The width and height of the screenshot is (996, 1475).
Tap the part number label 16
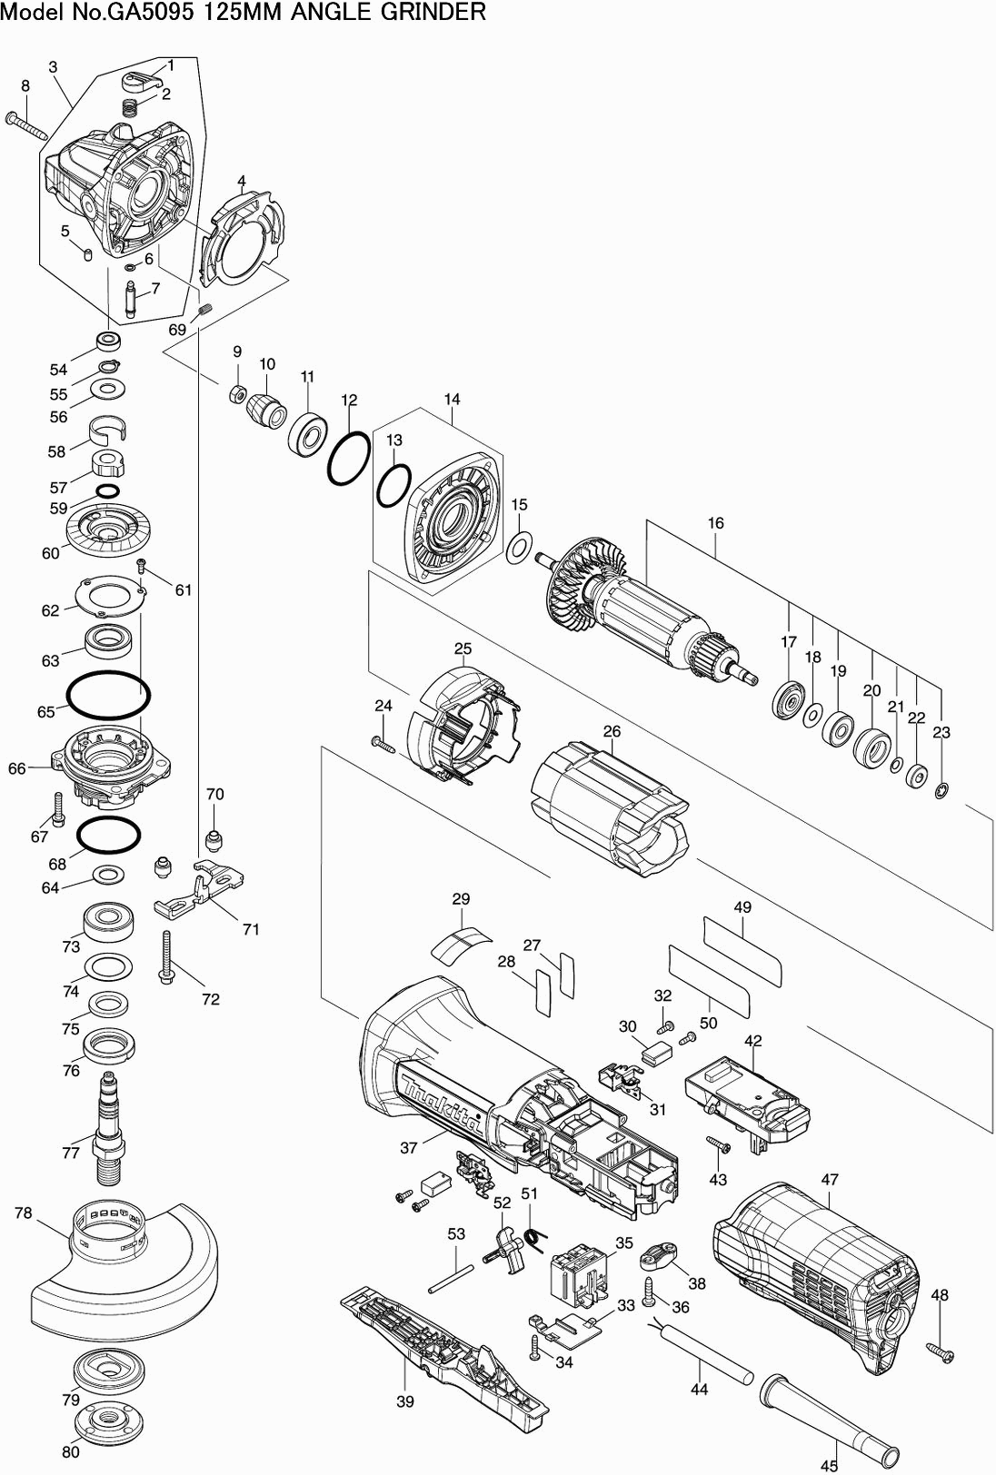716,523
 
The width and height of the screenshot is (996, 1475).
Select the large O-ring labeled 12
348,460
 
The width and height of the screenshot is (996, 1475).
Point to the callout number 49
742,907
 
